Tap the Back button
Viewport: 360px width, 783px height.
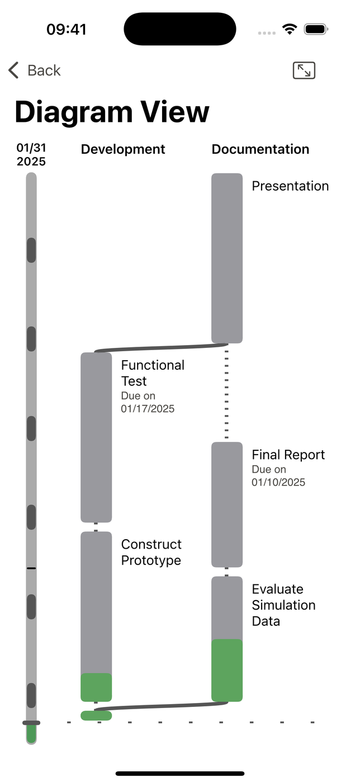(35, 70)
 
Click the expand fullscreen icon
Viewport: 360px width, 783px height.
(304, 70)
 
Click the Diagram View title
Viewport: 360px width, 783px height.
(112, 112)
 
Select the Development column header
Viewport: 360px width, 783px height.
(123, 149)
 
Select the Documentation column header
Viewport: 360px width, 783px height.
(260, 149)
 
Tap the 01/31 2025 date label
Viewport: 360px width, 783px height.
(31, 154)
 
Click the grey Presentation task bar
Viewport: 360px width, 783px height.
(227, 258)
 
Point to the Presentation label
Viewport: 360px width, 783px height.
(290, 186)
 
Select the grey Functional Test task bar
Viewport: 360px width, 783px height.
(96, 437)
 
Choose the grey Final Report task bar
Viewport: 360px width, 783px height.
(227, 504)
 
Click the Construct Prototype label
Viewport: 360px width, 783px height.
(151, 553)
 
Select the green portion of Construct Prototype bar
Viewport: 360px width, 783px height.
(96, 687)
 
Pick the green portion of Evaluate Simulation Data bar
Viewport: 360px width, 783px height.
(227, 670)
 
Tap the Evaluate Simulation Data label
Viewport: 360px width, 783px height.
(283, 605)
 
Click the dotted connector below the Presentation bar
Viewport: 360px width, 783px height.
(226, 394)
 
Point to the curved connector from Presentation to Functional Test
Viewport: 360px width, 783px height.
(161, 347)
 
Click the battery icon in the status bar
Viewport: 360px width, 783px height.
(316, 29)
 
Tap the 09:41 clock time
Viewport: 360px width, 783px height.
(67, 29)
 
